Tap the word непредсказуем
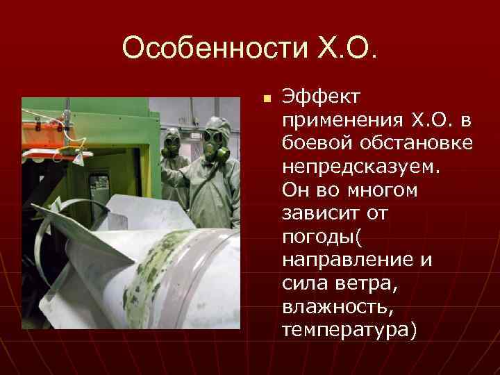(x=357, y=167)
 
